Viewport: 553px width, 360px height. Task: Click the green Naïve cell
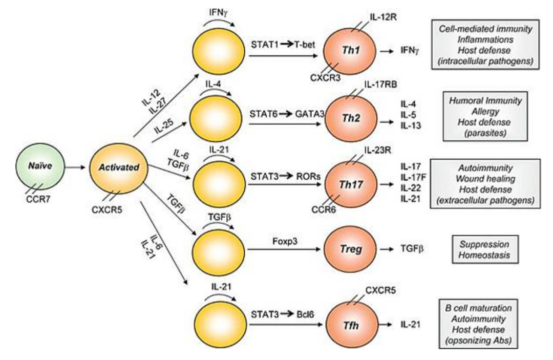(x=40, y=166)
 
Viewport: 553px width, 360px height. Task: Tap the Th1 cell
(x=350, y=50)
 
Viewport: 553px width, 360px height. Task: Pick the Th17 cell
(x=351, y=184)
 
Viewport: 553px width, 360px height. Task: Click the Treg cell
(x=351, y=249)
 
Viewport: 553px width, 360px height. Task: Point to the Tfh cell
(x=351, y=325)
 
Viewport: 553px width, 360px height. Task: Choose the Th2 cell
(x=351, y=118)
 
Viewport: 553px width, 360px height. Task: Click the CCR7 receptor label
(x=38, y=200)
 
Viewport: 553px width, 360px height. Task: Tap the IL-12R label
(x=383, y=16)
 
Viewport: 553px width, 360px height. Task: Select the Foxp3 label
(x=285, y=242)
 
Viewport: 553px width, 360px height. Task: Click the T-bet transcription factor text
(x=304, y=45)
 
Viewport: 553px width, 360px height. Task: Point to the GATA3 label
(x=309, y=114)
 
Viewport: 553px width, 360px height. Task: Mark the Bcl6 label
(x=305, y=314)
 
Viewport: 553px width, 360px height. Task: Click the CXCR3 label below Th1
(x=325, y=77)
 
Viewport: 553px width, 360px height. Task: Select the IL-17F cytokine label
(x=413, y=177)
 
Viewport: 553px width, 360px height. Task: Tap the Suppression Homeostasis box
(x=485, y=249)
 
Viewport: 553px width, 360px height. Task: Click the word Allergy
(x=485, y=112)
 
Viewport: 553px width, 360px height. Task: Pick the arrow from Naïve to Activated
(x=75, y=167)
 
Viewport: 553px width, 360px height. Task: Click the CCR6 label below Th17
(x=324, y=210)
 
